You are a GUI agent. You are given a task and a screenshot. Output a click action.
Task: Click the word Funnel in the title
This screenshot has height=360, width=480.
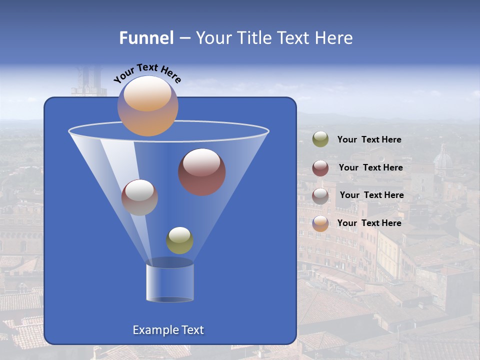[x=146, y=38]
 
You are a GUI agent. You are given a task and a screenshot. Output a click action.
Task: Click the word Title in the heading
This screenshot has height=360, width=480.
[x=251, y=38]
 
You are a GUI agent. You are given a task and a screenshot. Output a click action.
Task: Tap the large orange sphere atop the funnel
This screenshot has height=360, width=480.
[x=147, y=106]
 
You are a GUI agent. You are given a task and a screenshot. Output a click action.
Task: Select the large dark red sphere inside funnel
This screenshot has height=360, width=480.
[x=201, y=172]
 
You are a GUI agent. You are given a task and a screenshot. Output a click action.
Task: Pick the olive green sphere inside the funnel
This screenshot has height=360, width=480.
[x=179, y=240]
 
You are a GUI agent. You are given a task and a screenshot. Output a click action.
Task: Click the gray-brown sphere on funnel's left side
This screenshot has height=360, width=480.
[x=139, y=197]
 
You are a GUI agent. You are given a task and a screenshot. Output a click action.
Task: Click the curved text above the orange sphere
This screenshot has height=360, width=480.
[x=147, y=73]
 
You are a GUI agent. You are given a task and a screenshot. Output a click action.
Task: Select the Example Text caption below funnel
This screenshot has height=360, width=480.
[x=168, y=330]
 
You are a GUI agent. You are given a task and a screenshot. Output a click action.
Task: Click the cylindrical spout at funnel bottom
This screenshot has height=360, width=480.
[x=169, y=282]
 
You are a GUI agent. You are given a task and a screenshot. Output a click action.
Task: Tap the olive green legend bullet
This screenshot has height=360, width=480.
[x=320, y=139]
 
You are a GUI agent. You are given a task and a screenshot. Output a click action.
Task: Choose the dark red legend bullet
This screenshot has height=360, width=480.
[x=320, y=167]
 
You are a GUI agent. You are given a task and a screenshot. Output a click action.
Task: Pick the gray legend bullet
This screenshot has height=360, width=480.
[x=320, y=195]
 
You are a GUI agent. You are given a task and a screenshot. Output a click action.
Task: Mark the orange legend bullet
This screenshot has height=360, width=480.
[x=320, y=223]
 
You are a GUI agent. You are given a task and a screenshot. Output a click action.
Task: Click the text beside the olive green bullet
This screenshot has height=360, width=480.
[x=369, y=140]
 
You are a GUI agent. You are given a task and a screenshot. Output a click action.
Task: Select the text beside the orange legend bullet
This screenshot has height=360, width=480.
[x=369, y=223]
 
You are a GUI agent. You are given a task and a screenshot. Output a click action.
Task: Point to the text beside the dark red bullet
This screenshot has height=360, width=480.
[x=370, y=167]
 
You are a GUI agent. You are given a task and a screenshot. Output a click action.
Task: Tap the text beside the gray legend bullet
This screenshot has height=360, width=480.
[x=371, y=195]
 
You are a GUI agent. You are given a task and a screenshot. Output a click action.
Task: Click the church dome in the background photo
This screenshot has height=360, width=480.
[x=442, y=160]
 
